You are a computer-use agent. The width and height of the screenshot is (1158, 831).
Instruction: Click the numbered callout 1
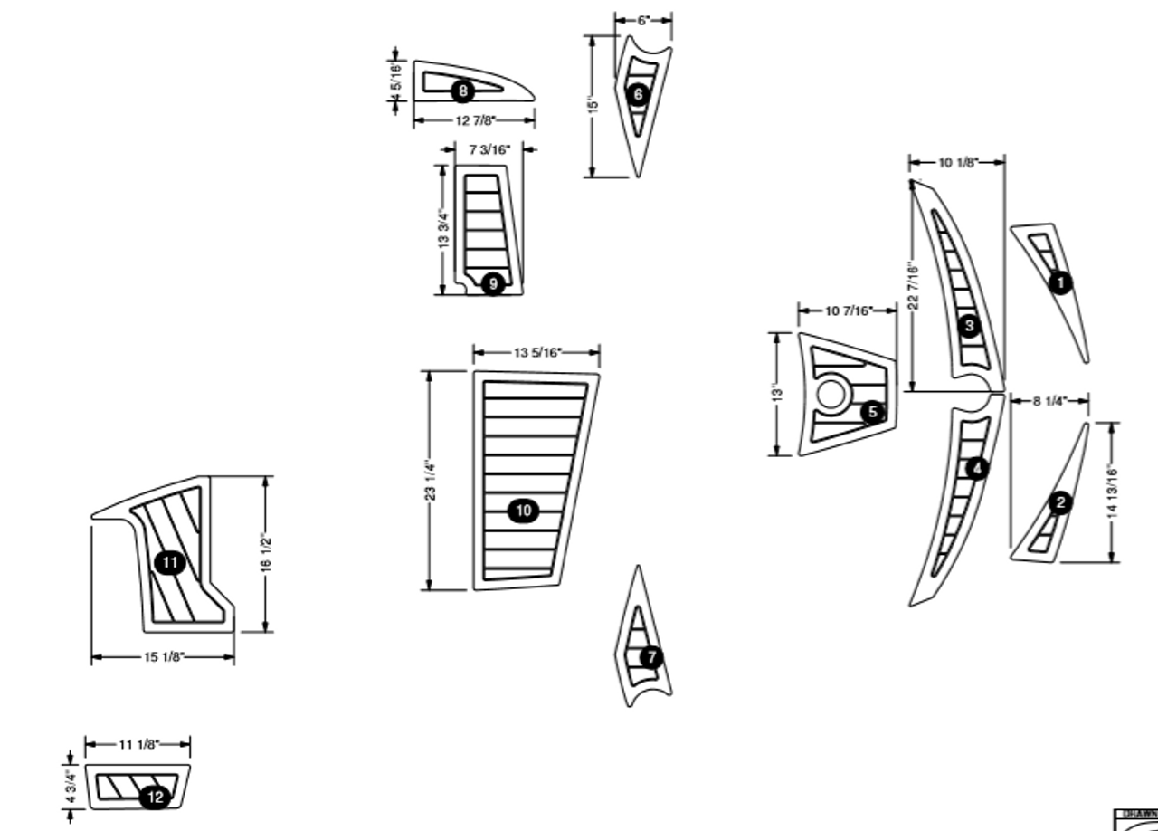tap(1060, 282)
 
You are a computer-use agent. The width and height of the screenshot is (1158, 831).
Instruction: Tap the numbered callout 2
tap(1061, 502)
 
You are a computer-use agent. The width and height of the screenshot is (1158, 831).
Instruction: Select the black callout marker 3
tap(970, 325)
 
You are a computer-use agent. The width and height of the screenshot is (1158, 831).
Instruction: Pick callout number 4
tap(977, 469)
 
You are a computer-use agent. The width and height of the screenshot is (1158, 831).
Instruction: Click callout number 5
tap(872, 413)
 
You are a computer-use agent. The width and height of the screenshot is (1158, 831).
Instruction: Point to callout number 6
tap(638, 94)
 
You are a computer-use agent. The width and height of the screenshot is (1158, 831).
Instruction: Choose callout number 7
tap(651, 657)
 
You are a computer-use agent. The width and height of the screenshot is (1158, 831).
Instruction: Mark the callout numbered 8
tap(462, 91)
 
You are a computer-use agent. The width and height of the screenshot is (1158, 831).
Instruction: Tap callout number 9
tap(493, 284)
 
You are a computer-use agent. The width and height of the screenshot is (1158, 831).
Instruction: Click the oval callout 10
tap(524, 511)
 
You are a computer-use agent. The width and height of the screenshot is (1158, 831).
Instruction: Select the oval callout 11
tap(169, 563)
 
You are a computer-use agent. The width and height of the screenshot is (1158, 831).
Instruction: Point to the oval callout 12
tap(155, 797)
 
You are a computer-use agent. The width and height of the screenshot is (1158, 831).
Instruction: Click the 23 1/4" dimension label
tap(432, 481)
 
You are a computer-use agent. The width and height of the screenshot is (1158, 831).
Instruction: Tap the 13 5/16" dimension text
tap(537, 353)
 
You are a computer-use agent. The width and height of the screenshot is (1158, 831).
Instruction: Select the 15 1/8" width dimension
tap(164, 656)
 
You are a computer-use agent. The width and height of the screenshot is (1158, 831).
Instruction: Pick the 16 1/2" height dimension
tap(266, 553)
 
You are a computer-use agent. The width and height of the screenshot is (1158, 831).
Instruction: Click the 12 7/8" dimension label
tap(475, 121)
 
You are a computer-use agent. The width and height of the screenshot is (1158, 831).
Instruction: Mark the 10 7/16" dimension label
tap(848, 311)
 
